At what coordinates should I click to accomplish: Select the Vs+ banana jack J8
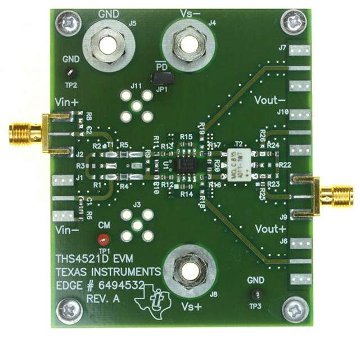186,270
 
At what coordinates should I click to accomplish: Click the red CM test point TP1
102,238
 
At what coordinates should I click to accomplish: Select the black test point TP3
256,294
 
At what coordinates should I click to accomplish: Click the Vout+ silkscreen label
271,229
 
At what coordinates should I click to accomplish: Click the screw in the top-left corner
70,24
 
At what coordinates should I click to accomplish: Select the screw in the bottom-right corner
294,309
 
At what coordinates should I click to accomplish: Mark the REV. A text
103,300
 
